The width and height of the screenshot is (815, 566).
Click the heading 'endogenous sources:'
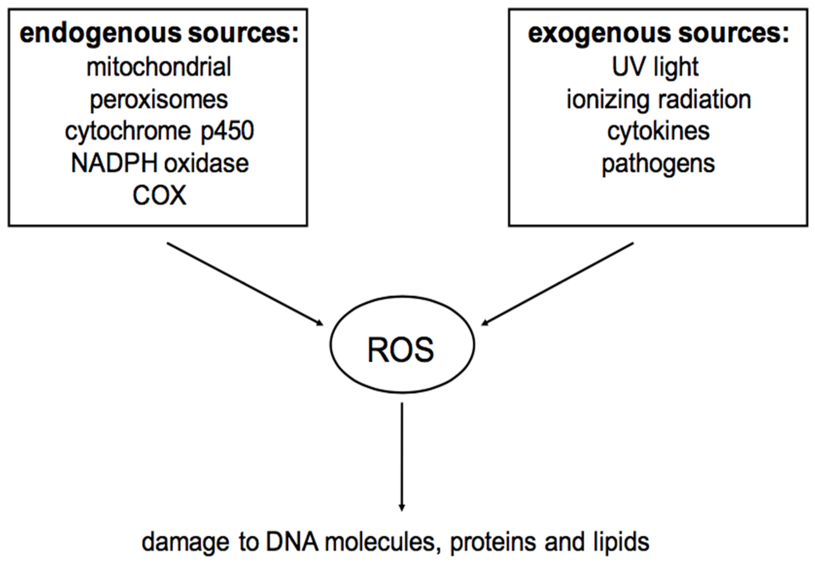point(159,34)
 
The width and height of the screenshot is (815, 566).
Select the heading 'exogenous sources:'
point(658,34)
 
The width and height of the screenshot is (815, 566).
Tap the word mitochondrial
point(159,67)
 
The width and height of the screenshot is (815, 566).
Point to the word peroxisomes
point(159,100)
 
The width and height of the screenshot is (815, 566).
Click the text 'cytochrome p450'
point(159,132)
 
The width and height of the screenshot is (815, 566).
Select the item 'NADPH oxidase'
point(160,164)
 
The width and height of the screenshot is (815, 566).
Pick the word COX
point(159,195)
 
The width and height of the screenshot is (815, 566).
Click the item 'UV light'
point(655,67)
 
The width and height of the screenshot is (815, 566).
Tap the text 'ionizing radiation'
point(659,100)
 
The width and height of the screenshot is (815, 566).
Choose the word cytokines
point(658,131)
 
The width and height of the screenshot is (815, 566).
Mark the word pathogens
point(658,164)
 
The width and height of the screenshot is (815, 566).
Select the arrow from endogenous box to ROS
point(245,284)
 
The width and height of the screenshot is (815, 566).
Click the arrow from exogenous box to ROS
point(557,284)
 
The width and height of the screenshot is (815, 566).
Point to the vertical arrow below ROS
point(402,458)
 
